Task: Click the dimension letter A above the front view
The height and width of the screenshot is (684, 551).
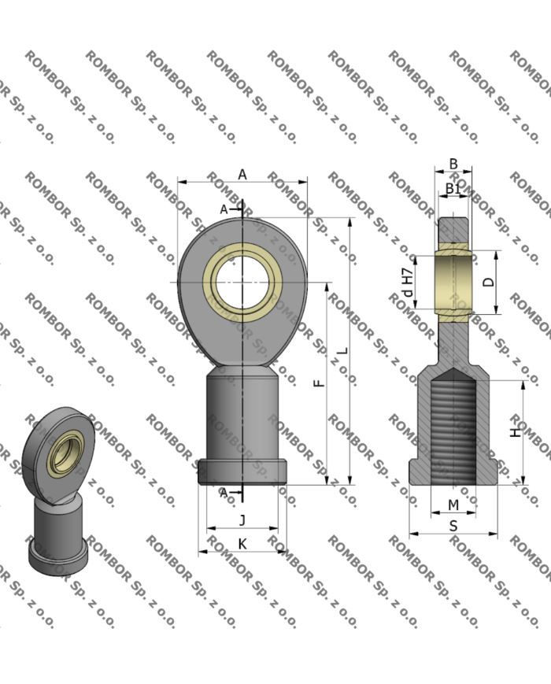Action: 242,174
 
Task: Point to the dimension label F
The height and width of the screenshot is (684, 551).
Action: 319,383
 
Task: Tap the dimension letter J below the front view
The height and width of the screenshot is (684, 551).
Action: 242,520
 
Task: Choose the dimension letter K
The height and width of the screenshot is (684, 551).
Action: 242,544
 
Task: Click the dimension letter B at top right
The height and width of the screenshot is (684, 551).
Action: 453,164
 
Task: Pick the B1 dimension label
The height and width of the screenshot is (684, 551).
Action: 453,188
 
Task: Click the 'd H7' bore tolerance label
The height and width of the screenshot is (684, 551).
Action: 407,282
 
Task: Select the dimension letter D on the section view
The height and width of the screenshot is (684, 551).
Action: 489,282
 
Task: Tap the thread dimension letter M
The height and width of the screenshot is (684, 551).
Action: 453,505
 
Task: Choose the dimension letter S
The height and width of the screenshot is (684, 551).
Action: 453,526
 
